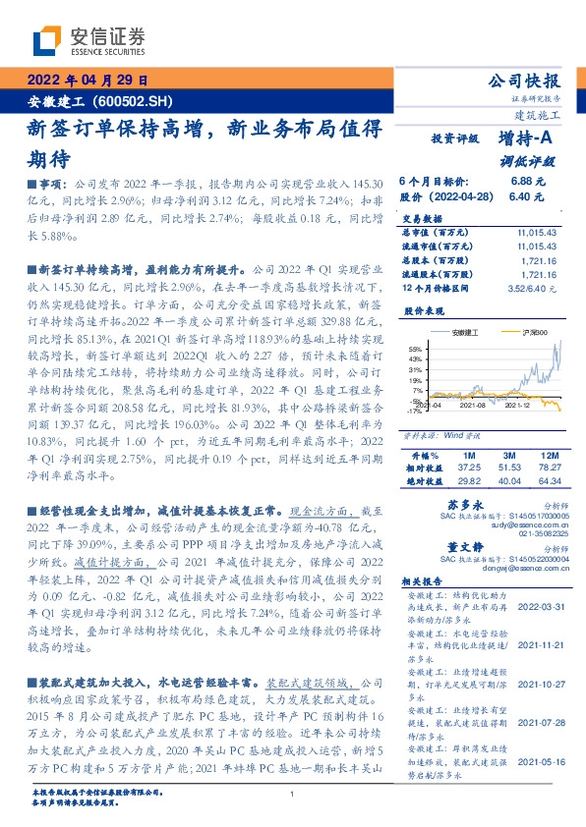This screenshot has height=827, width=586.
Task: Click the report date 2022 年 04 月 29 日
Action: point(86,81)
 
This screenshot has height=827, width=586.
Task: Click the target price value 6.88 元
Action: point(527,182)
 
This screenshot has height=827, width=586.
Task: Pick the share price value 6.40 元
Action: point(527,196)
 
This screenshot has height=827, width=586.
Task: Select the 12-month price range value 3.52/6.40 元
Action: point(530,290)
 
